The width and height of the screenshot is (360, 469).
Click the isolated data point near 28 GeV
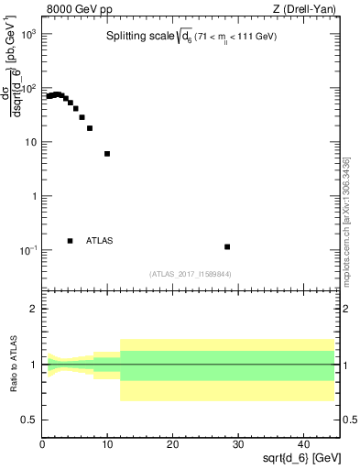[227, 246]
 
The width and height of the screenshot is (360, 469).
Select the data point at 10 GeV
[107, 154]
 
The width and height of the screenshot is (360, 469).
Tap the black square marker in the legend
[70, 241]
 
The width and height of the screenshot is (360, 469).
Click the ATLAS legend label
[100, 241]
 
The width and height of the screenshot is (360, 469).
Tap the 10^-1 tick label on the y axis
[27, 250]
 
